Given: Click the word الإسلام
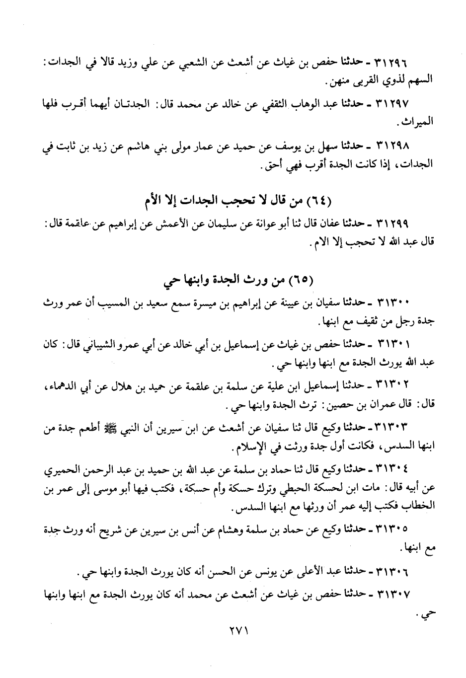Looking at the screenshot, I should (249, 447).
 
